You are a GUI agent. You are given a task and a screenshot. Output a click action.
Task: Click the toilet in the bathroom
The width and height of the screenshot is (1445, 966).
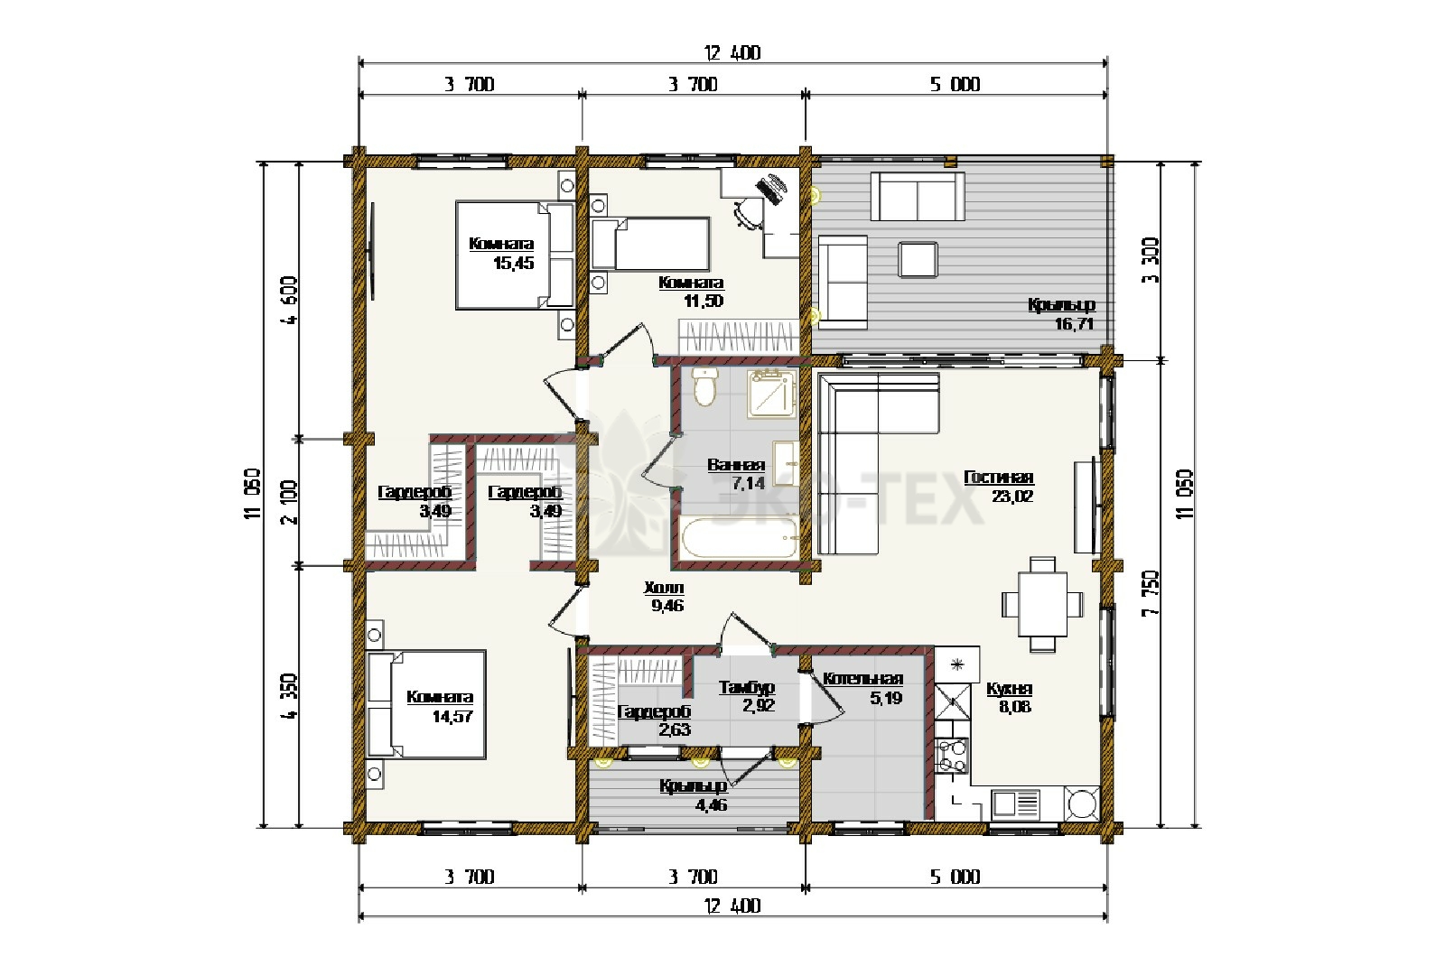704,386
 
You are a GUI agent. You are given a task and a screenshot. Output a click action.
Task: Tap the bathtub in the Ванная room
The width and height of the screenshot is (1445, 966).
740,538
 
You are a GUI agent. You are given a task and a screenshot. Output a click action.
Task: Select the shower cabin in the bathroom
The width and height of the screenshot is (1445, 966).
771,394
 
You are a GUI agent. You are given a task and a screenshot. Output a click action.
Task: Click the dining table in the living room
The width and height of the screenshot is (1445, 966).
1042,604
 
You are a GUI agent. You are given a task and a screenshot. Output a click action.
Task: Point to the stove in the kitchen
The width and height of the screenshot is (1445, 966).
953,756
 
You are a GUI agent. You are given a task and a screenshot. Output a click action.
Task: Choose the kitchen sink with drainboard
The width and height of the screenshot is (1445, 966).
1016,803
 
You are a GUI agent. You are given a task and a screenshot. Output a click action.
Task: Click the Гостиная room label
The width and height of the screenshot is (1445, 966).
999,478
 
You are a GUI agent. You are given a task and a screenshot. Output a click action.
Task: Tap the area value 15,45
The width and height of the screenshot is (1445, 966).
514,263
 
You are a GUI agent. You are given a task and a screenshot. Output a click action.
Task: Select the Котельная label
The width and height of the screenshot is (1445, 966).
862,678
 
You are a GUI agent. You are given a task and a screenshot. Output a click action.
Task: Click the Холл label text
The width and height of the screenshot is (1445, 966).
664,588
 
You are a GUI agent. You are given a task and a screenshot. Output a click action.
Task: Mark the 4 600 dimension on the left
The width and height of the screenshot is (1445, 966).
290,300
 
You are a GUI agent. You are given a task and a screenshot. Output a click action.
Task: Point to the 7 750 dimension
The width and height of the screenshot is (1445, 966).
1151,593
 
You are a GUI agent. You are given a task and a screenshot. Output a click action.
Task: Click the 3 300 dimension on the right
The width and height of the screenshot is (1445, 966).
1151,261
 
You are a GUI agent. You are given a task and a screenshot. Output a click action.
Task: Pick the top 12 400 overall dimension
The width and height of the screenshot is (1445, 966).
732,53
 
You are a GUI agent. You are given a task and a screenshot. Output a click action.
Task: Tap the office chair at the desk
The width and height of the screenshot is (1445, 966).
750,213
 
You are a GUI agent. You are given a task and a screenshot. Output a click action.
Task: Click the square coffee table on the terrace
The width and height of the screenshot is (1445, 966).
918,259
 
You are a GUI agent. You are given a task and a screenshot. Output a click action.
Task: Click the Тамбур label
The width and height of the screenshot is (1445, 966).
747,688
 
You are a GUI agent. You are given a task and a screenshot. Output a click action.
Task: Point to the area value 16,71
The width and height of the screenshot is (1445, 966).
1074,324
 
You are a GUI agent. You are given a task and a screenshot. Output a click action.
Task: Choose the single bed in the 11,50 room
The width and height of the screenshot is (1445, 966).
650,243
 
